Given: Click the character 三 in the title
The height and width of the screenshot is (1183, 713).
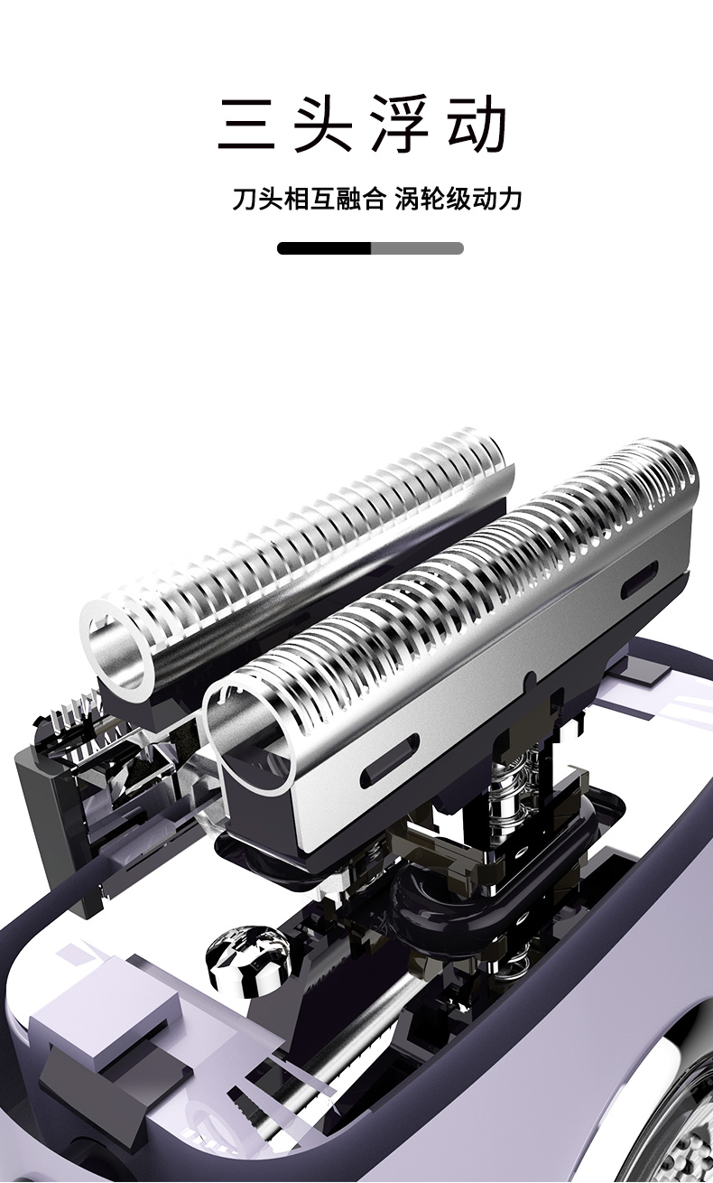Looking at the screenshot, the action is click(x=246, y=123).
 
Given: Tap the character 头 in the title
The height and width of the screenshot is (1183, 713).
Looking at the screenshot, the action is click(x=323, y=123).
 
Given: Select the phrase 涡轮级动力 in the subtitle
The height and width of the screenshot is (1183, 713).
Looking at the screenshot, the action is click(x=458, y=199).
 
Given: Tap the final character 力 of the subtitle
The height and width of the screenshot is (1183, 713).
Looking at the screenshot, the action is click(x=509, y=199).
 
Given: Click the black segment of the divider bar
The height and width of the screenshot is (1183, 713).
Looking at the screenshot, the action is click(x=324, y=248).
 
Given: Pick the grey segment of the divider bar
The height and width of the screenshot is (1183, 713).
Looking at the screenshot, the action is click(x=418, y=248).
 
